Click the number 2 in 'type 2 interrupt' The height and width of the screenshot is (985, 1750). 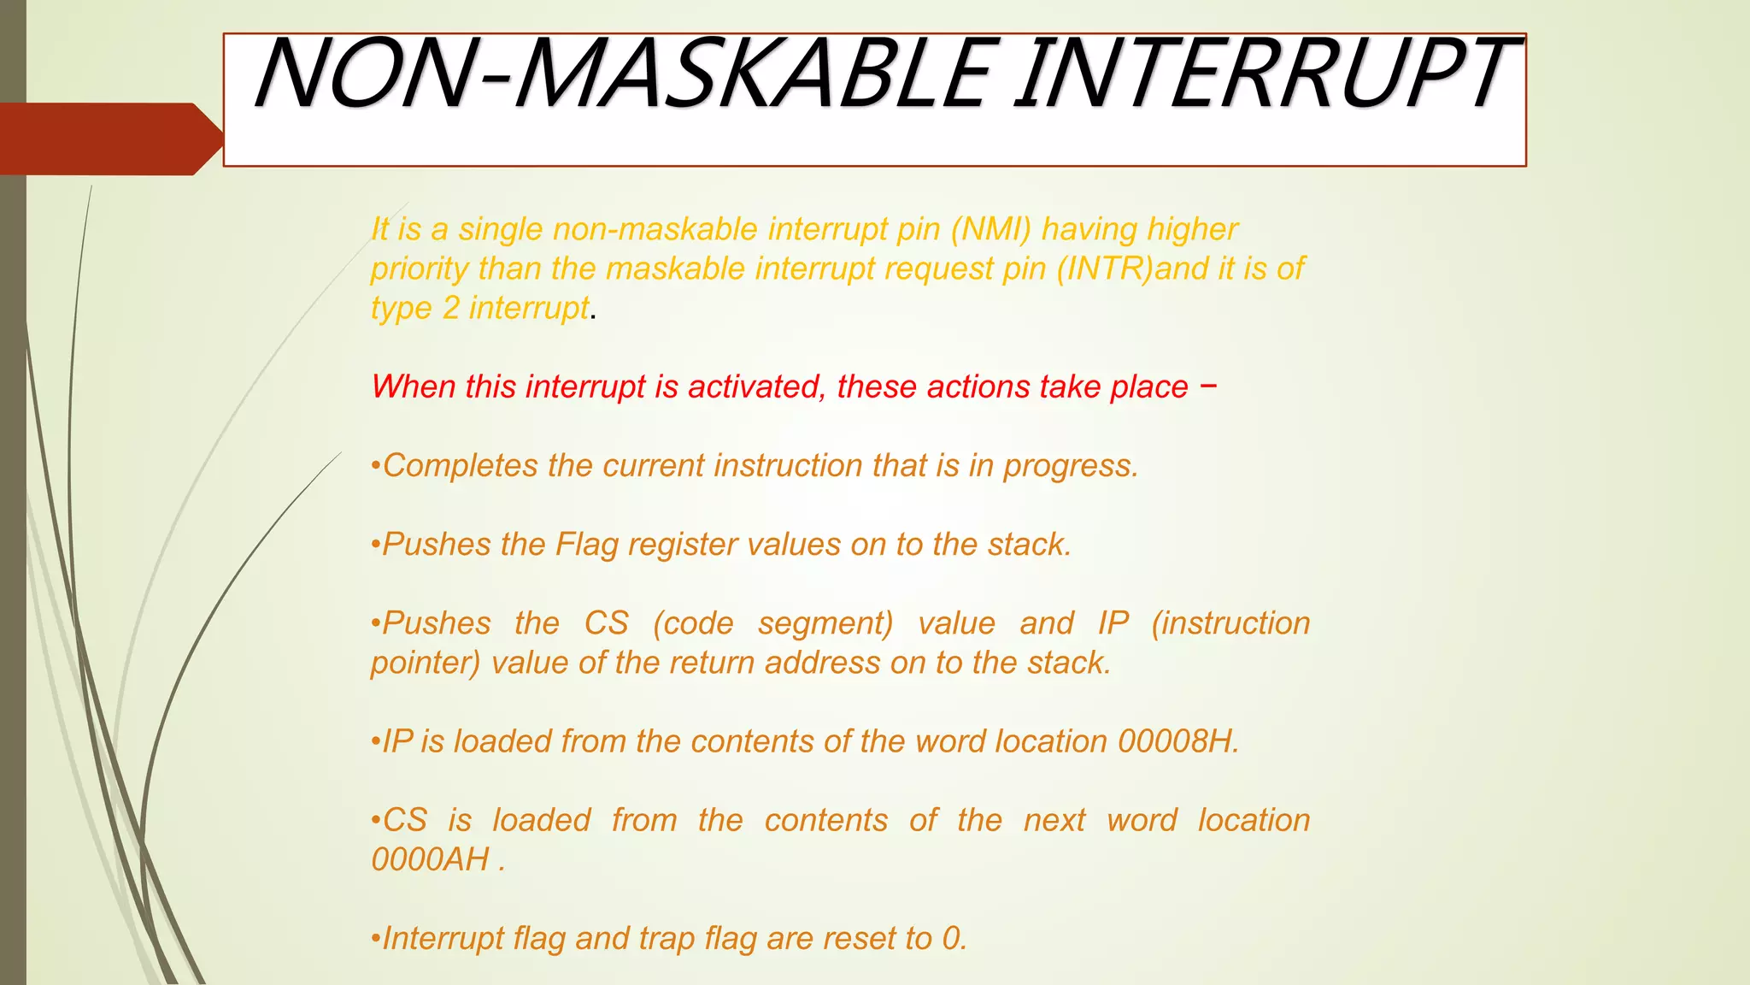pos(451,308)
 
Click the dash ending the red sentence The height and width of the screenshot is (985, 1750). pos(1207,386)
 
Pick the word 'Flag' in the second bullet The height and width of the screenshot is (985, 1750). pos(587,545)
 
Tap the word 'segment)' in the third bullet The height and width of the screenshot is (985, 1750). pos(825,623)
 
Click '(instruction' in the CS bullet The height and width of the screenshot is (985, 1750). pos(1230,623)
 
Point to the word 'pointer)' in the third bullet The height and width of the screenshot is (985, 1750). pos(426,663)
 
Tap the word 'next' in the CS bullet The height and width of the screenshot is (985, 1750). pos(1054,820)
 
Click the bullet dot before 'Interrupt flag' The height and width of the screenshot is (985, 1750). pos(375,940)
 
